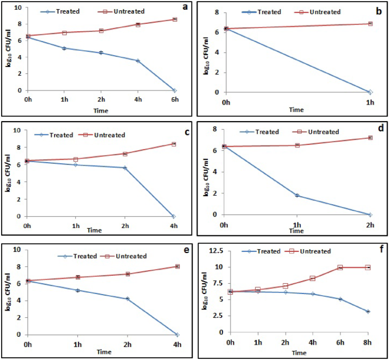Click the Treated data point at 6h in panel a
point(174,90)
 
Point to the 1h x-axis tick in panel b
point(370,102)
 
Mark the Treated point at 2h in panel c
point(125,168)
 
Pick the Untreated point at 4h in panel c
point(173,144)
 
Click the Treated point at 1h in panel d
point(297,196)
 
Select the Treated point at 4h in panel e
point(178,334)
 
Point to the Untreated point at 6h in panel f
point(340,267)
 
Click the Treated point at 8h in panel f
point(368,312)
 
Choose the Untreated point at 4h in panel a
point(138,24)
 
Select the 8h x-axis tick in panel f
point(368,342)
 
